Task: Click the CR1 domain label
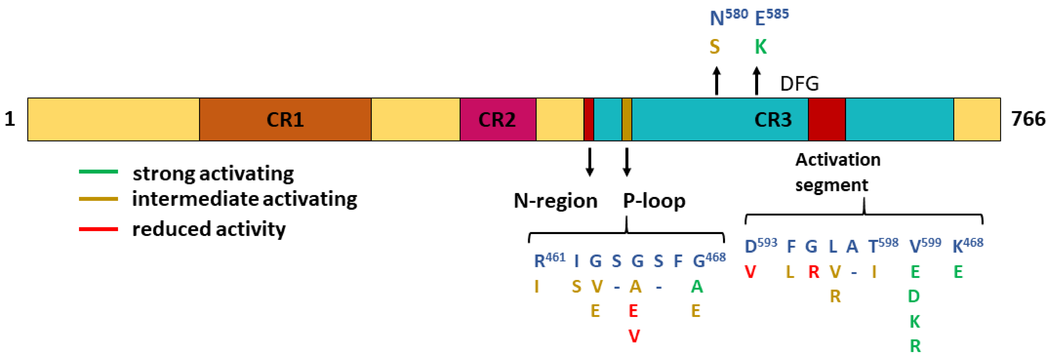[285, 120]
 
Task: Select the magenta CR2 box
[498, 120]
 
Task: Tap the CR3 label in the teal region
[773, 120]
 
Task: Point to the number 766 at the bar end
[1028, 119]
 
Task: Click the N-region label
[555, 201]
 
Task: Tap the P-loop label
[654, 201]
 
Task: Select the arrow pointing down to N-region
[589, 162]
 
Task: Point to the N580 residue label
[728, 17]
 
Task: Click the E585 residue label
[771, 17]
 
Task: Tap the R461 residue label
[549, 260]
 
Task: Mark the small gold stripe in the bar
[627, 120]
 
